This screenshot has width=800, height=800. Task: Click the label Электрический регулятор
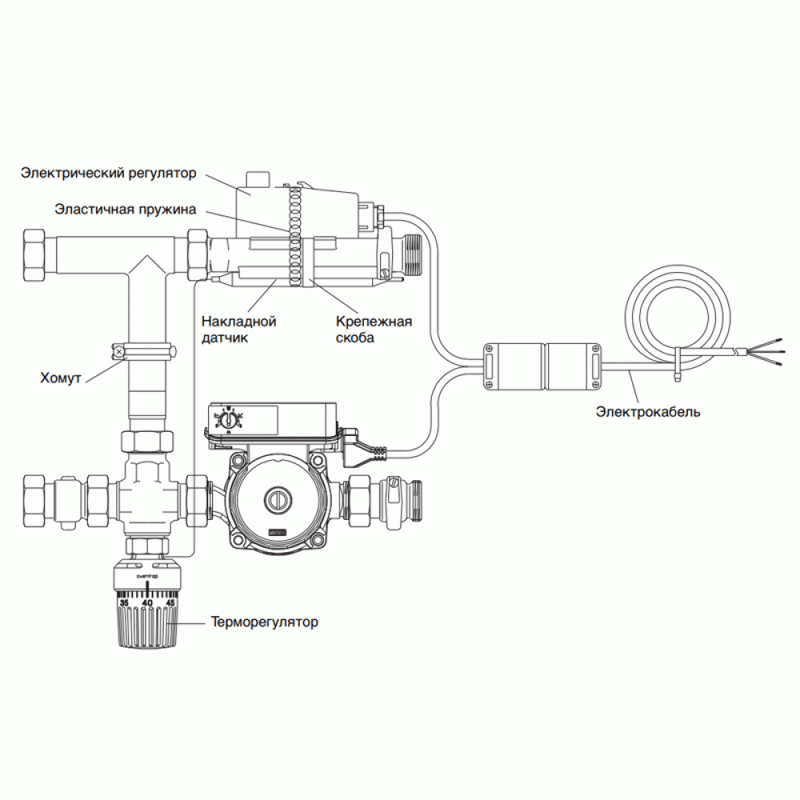click(x=109, y=172)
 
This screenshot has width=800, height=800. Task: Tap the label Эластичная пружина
click(x=124, y=210)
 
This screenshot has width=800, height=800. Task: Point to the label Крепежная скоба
click(x=374, y=330)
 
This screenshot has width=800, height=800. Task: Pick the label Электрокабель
click(x=648, y=413)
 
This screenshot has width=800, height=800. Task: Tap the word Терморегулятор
click(x=264, y=622)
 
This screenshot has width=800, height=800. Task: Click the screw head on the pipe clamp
click(x=119, y=350)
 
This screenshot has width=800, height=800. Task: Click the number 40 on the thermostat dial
click(x=147, y=602)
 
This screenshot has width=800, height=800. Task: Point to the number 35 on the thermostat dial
click(x=123, y=602)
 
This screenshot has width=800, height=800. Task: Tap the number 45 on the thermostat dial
click(x=170, y=602)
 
